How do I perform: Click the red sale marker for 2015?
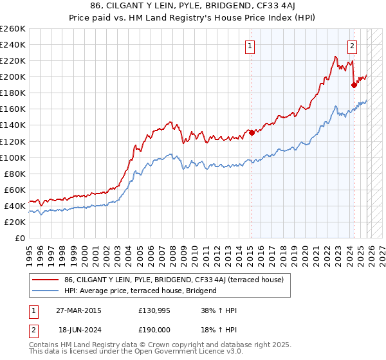252,132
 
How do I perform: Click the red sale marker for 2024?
354,84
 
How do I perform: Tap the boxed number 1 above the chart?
250,46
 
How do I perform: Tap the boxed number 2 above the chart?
353,46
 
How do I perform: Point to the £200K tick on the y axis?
12,76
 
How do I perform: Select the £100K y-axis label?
12,157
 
